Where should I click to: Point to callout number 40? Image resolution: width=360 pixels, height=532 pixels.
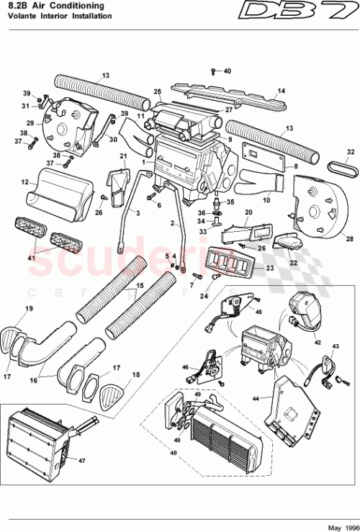227,71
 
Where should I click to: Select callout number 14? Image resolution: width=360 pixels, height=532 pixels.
282,91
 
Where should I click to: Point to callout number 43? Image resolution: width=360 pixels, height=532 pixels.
334,347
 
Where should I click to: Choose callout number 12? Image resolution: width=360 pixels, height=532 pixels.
24,183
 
